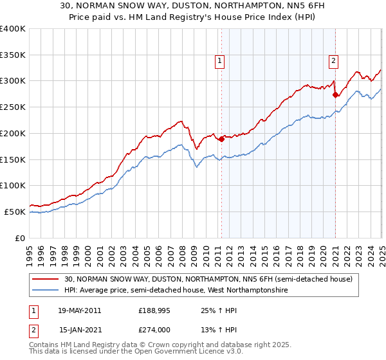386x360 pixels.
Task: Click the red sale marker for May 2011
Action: (221, 138)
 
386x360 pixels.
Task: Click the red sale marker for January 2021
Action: (335, 94)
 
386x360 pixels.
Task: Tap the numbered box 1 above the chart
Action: (220, 61)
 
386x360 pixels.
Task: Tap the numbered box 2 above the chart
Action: (334, 61)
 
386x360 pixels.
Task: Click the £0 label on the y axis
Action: (20, 238)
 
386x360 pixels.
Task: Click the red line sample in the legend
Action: (46, 279)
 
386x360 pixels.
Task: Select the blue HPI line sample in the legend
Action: (46, 291)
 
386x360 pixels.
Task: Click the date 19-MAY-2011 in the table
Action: (80, 310)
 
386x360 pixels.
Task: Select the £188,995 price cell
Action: (152, 310)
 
